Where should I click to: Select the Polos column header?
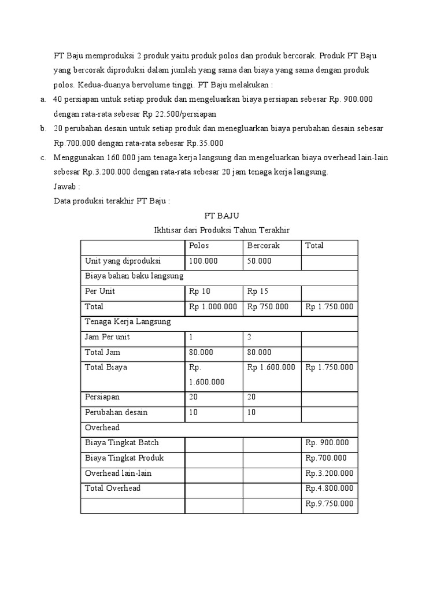coord(199,246)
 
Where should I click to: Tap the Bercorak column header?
coord(263,246)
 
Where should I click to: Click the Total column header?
coord(314,246)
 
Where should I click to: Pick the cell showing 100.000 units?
coord(203,261)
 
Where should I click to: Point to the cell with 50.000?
coord(259,261)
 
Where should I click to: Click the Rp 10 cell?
coord(199,291)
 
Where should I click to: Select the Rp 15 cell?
coord(257,291)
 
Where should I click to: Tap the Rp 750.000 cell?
coord(268,306)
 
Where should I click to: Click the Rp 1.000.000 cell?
coord(213,306)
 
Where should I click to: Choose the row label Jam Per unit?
coord(107,336)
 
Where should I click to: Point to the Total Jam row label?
coord(102,352)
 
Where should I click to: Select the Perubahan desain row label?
coord(116,412)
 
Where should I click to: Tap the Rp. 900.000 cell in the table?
coord(327,443)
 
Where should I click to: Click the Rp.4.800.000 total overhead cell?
coord(329,489)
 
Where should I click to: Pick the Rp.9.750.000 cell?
coord(329,504)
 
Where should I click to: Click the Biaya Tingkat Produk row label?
coord(124,458)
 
